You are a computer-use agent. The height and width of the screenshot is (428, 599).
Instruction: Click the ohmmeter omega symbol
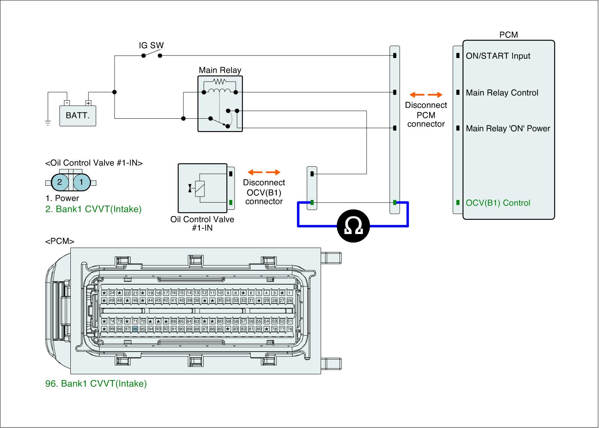(x=353, y=226)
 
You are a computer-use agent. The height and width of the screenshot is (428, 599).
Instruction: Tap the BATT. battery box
(x=77, y=115)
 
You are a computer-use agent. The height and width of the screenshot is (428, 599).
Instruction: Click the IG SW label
(x=151, y=46)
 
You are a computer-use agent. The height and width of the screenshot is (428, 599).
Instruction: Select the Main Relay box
(x=220, y=103)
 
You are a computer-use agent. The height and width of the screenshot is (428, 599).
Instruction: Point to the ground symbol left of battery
(x=48, y=122)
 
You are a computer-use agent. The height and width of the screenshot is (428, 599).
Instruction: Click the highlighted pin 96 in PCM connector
(x=135, y=329)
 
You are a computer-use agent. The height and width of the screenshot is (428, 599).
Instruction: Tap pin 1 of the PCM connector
(x=289, y=293)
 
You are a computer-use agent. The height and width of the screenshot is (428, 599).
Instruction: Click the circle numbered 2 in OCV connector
(x=60, y=182)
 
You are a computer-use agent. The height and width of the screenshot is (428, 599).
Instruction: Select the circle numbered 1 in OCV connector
(x=82, y=182)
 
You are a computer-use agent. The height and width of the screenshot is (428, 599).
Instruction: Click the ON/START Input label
(x=498, y=56)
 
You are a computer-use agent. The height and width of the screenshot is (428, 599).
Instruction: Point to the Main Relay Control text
(x=502, y=93)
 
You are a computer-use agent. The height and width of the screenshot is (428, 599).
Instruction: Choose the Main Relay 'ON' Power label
(x=508, y=128)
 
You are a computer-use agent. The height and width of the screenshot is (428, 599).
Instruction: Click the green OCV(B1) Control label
(x=498, y=203)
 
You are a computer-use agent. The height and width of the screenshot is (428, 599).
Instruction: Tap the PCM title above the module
(x=509, y=35)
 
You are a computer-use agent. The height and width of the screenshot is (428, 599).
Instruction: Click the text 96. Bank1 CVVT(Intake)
(x=96, y=384)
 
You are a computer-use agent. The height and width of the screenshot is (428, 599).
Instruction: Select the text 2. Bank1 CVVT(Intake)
(x=93, y=209)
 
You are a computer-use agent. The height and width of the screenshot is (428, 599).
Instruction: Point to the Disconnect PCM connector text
(x=426, y=115)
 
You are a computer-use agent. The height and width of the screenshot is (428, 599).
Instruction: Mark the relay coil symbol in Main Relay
(x=219, y=91)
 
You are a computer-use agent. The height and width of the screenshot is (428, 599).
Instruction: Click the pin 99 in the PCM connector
(x=112, y=329)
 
